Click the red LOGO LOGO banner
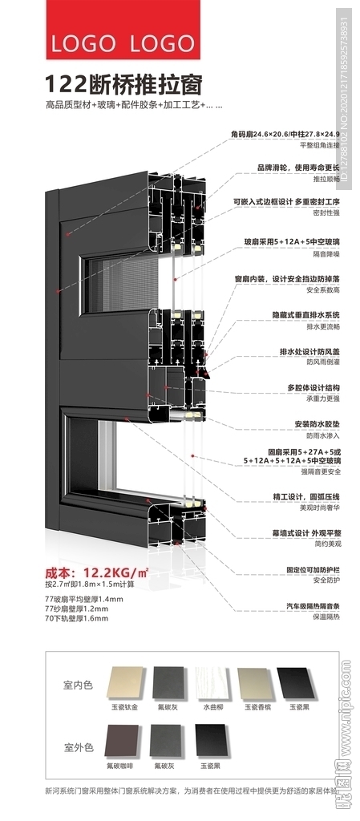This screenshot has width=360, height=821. (x=123, y=31)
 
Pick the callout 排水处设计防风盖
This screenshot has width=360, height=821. (x=309, y=351)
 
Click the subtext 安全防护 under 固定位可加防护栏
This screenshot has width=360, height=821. (x=326, y=580)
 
